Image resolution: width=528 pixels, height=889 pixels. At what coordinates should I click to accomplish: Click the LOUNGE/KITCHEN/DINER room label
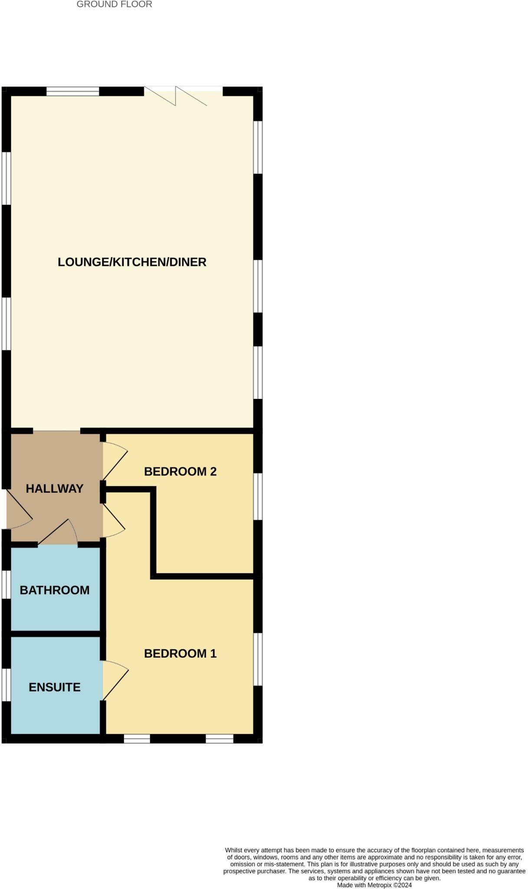tap(132, 262)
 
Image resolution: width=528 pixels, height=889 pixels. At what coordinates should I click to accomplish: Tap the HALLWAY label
tap(54, 489)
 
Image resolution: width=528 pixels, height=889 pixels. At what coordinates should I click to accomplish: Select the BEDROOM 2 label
tap(180, 471)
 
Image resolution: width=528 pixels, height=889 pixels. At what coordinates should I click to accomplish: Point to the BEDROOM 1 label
tap(180, 653)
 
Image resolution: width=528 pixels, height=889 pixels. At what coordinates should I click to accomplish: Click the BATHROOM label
tap(55, 590)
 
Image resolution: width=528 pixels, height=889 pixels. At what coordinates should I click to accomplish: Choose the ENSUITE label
tap(55, 687)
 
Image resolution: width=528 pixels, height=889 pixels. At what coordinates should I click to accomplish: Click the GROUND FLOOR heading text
tap(114, 5)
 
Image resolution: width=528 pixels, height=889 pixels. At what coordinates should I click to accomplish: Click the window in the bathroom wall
tap(6, 585)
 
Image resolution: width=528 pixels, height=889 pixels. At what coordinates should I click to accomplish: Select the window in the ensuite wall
tap(6, 685)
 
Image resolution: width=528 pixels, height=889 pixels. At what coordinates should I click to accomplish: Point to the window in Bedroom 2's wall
tap(258, 497)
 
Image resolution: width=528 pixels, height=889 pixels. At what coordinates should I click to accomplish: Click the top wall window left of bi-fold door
tap(72, 91)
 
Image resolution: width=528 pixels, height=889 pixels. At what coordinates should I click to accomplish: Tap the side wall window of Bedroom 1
tap(258, 659)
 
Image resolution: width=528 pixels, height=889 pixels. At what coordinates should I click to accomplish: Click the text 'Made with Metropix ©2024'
tap(374, 885)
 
